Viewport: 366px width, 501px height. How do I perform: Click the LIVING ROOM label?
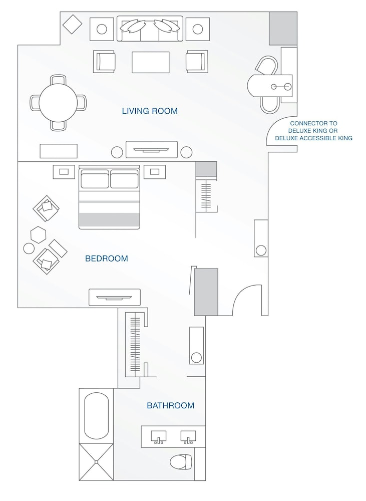(150, 111)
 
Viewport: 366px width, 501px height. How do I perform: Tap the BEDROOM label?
(106, 259)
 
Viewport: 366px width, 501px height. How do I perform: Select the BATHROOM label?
(170, 405)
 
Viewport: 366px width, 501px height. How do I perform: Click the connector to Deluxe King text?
(313, 130)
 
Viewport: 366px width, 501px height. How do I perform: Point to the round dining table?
(58, 102)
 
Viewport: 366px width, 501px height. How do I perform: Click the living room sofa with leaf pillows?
(150, 29)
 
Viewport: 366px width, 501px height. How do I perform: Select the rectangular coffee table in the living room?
(150, 62)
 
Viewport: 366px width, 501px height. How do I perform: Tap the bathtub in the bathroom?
(96, 416)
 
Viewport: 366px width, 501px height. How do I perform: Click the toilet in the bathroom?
(181, 461)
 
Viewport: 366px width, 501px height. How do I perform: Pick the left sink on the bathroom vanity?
(159, 436)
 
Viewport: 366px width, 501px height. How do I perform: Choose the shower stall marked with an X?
(96, 461)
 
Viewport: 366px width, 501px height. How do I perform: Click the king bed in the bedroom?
(109, 198)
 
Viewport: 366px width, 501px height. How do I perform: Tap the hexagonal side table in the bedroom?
(38, 234)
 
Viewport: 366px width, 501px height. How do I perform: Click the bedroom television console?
(115, 297)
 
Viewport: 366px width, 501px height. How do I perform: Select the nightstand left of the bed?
(64, 172)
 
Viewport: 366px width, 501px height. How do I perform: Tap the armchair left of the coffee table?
(104, 62)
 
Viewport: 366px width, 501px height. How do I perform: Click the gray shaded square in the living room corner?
(283, 29)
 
